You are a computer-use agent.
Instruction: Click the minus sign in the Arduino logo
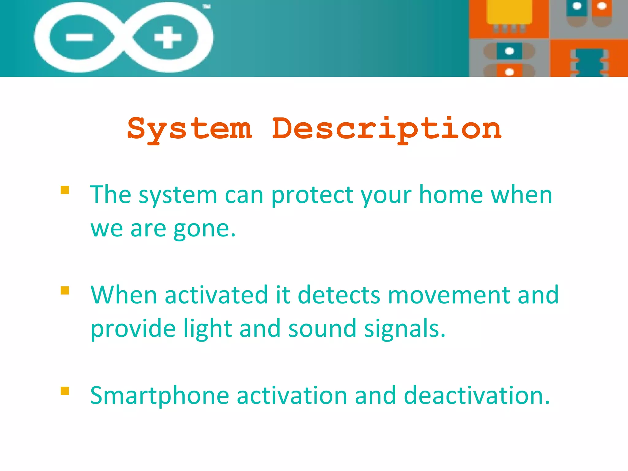(x=79, y=37)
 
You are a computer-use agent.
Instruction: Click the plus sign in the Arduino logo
(x=167, y=37)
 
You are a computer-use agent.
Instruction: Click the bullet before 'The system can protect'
(x=65, y=190)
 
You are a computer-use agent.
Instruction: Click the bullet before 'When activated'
(x=65, y=290)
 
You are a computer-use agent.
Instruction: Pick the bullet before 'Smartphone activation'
(x=65, y=391)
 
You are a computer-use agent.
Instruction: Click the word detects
(x=339, y=295)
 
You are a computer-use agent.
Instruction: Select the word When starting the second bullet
(x=124, y=295)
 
